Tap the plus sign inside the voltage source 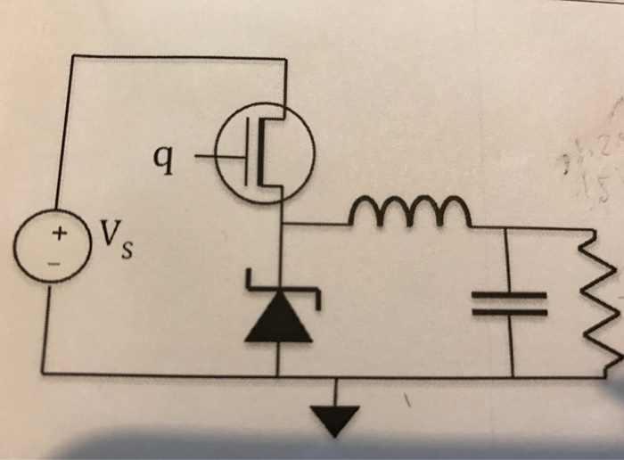(x=59, y=234)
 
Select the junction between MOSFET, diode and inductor (x=283, y=224)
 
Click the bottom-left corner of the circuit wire (x=44, y=372)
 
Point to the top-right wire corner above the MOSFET (x=285, y=60)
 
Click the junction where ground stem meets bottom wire (x=336, y=375)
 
